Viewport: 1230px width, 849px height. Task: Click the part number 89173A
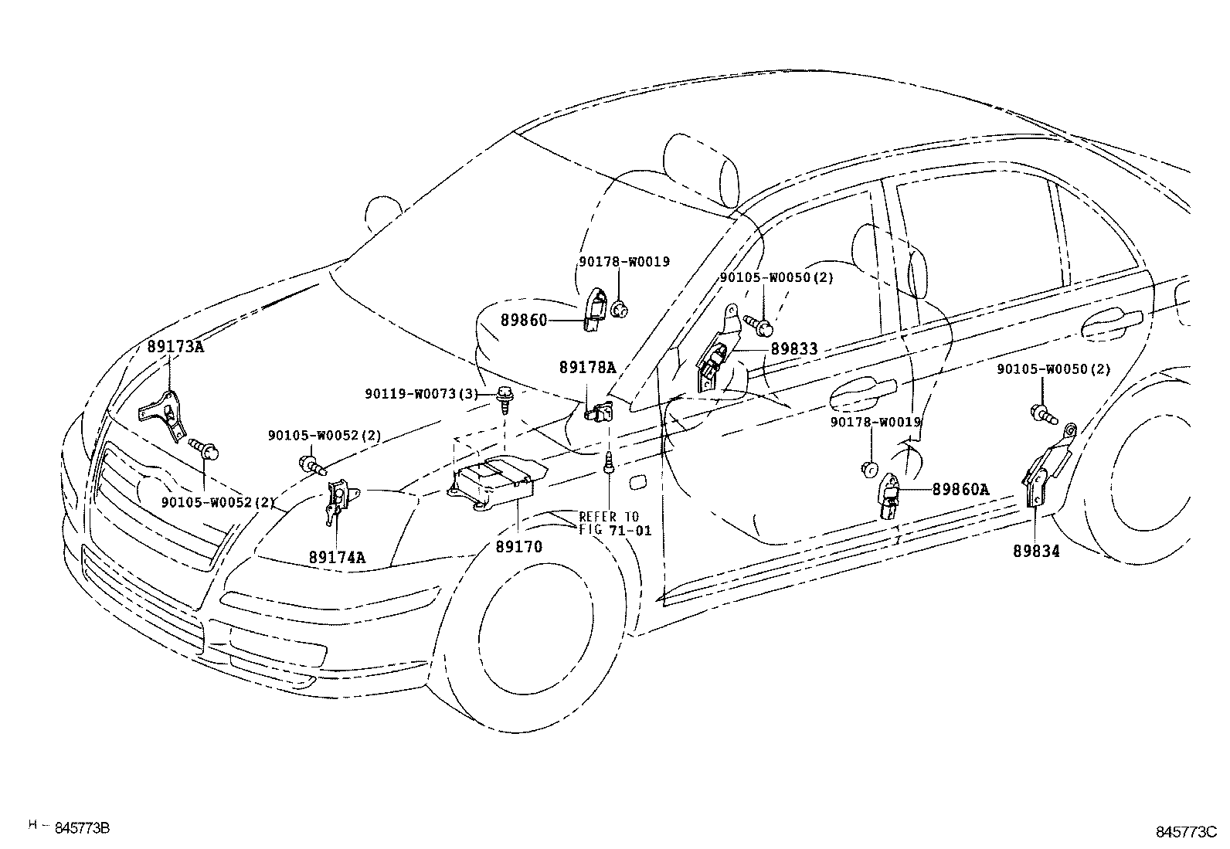pos(175,347)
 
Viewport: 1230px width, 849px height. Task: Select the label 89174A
pos(338,556)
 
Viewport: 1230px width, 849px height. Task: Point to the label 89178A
pos(587,368)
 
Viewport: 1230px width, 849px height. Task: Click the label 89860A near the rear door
pos(960,489)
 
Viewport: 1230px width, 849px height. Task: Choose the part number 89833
pos(793,349)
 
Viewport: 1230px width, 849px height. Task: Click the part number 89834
pos(1036,551)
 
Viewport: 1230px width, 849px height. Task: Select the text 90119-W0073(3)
pos(422,394)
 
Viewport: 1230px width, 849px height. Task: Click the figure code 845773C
pos(1185,832)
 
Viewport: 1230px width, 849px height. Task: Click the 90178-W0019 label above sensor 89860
pos(623,262)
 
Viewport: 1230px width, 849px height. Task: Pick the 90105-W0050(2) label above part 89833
pos(776,277)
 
